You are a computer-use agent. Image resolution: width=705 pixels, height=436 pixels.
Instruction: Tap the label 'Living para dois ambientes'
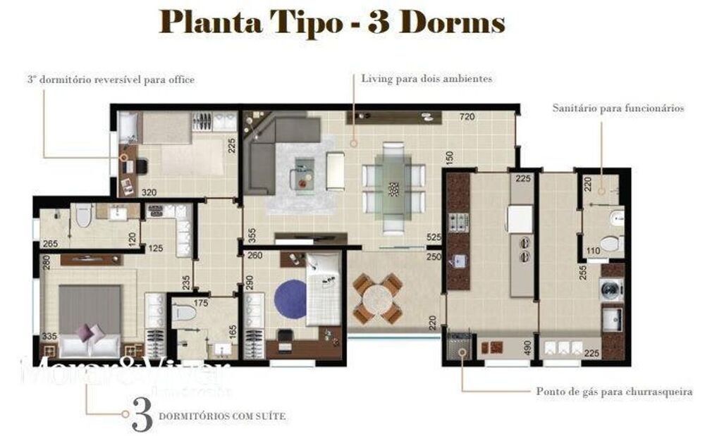(427, 79)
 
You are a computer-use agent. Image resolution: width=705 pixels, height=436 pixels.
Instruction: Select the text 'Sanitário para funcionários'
(618, 108)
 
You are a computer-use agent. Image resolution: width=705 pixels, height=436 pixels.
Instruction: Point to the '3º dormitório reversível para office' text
(111, 80)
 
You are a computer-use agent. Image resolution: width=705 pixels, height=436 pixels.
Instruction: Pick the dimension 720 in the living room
(467, 117)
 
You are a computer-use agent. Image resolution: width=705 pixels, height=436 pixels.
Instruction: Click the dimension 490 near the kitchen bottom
(526, 345)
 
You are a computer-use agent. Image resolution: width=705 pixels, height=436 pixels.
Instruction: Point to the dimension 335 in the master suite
(49, 337)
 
